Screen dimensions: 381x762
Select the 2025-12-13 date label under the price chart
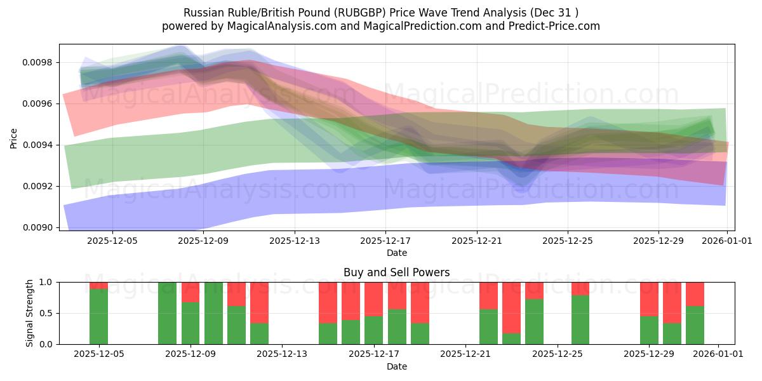point(294,241)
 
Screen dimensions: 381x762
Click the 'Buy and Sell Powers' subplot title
point(396,272)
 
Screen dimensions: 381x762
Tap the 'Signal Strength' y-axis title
point(30,313)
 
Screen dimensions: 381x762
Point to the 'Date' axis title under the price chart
point(396,253)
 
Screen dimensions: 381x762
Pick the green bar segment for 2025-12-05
point(98,316)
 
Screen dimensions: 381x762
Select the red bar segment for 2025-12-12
point(259,303)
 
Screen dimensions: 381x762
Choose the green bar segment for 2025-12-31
point(695,324)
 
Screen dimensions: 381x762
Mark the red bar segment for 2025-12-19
point(420,303)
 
